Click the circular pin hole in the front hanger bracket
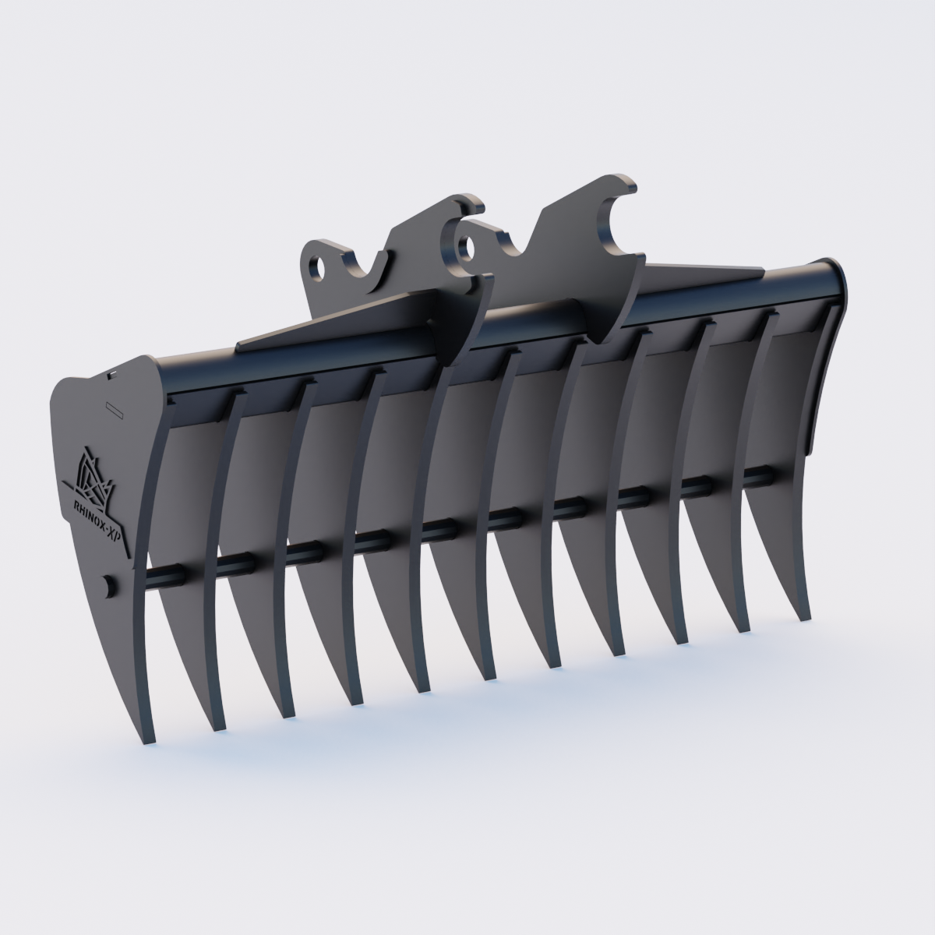pos(467,249)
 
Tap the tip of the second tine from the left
pos(218,728)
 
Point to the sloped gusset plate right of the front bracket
pos(701,273)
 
